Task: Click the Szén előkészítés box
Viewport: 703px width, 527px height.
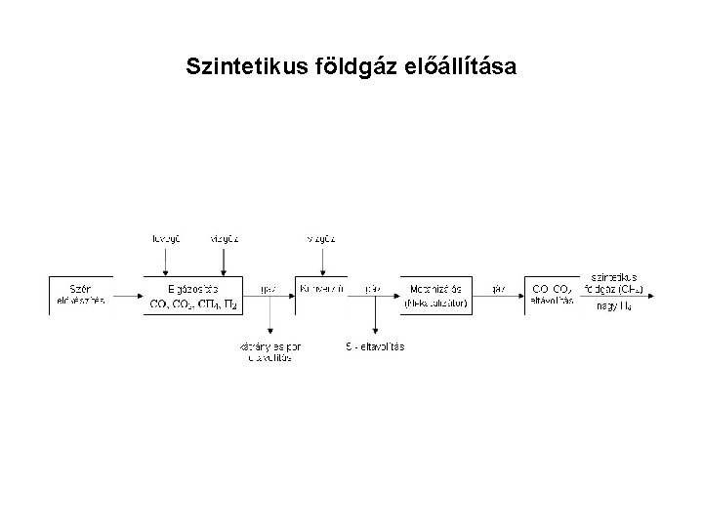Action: pos(81,295)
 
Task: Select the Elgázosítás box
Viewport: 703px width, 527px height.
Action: pos(192,295)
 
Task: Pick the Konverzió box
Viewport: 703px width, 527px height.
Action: pos(321,291)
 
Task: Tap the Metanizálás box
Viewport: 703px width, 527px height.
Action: pos(435,295)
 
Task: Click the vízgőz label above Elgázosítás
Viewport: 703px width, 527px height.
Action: pos(225,237)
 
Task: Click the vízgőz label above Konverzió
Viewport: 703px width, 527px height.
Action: pos(321,237)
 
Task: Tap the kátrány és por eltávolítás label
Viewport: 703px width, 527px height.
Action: pos(270,352)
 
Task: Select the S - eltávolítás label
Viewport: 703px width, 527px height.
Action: pos(375,346)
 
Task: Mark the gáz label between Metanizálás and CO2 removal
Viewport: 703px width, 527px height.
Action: pos(499,289)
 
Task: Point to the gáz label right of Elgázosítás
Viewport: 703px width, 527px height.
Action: pos(269,289)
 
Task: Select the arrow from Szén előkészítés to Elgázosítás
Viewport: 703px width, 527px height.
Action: pos(128,295)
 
